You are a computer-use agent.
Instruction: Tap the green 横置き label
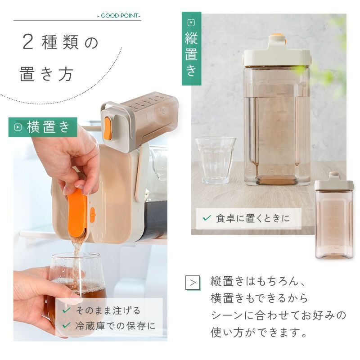[x=43, y=127]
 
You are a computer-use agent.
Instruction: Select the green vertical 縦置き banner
[x=192, y=49]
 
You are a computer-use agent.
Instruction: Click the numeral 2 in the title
[x=28, y=42]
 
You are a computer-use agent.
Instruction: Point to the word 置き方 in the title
[x=46, y=74]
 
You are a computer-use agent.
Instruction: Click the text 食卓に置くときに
[x=253, y=218]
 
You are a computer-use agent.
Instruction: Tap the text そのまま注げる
[x=108, y=310]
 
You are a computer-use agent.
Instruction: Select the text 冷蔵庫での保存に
[x=115, y=326]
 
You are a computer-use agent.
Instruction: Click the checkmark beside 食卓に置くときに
[x=207, y=218]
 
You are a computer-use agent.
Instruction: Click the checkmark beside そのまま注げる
[x=66, y=310]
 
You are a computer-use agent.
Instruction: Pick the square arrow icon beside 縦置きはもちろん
[x=193, y=283]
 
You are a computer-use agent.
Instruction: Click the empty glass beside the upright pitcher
[x=215, y=160]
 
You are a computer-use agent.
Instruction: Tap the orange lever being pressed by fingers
[x=77, y=212]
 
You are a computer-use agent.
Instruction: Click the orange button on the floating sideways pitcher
[x=108, y=128]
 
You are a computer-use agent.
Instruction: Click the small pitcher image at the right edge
[x=334, y=216]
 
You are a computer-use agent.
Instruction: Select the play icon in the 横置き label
[x=18, y=127]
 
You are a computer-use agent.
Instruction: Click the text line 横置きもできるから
[x=259, y=298]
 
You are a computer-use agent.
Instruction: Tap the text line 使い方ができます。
[x=259, y=333]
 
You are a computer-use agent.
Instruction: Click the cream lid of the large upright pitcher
[x=277, y=54]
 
